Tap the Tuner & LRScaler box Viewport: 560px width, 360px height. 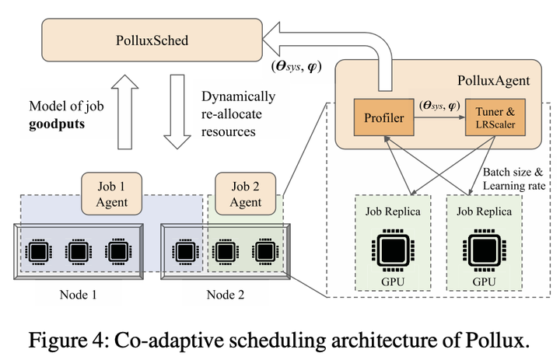pos(494,120)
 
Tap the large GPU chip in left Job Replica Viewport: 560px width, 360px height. pos(387,248)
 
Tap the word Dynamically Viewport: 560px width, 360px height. pos(238,97)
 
